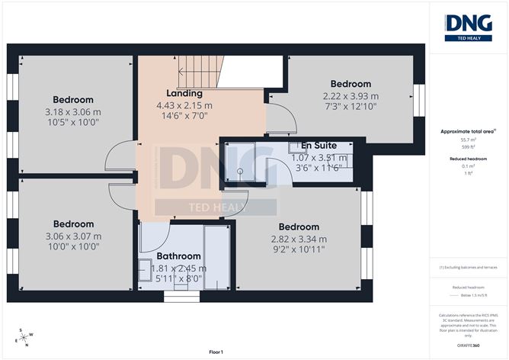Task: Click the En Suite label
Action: pyautogui.click(x=319, y=145)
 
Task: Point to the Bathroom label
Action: pyautogui.click(x=178, y=256)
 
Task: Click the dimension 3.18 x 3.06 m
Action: pyautogui.click(x=73, y=111)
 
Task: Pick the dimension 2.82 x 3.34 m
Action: pyautogui.click(x=299, y=239)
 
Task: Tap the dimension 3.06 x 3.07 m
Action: pyautogui.click(x=73, y=236)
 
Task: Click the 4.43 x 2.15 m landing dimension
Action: pyautogui.click(x=184, y=105)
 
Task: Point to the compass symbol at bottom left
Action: pyautogui.click(x=24, y=336)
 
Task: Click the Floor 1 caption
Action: pyautogui.click(x=216, y=352)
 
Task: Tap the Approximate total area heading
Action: pyautogui.click(x=467, y=131)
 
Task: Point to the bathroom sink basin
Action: pyautogui.click(x=146, y=267)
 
